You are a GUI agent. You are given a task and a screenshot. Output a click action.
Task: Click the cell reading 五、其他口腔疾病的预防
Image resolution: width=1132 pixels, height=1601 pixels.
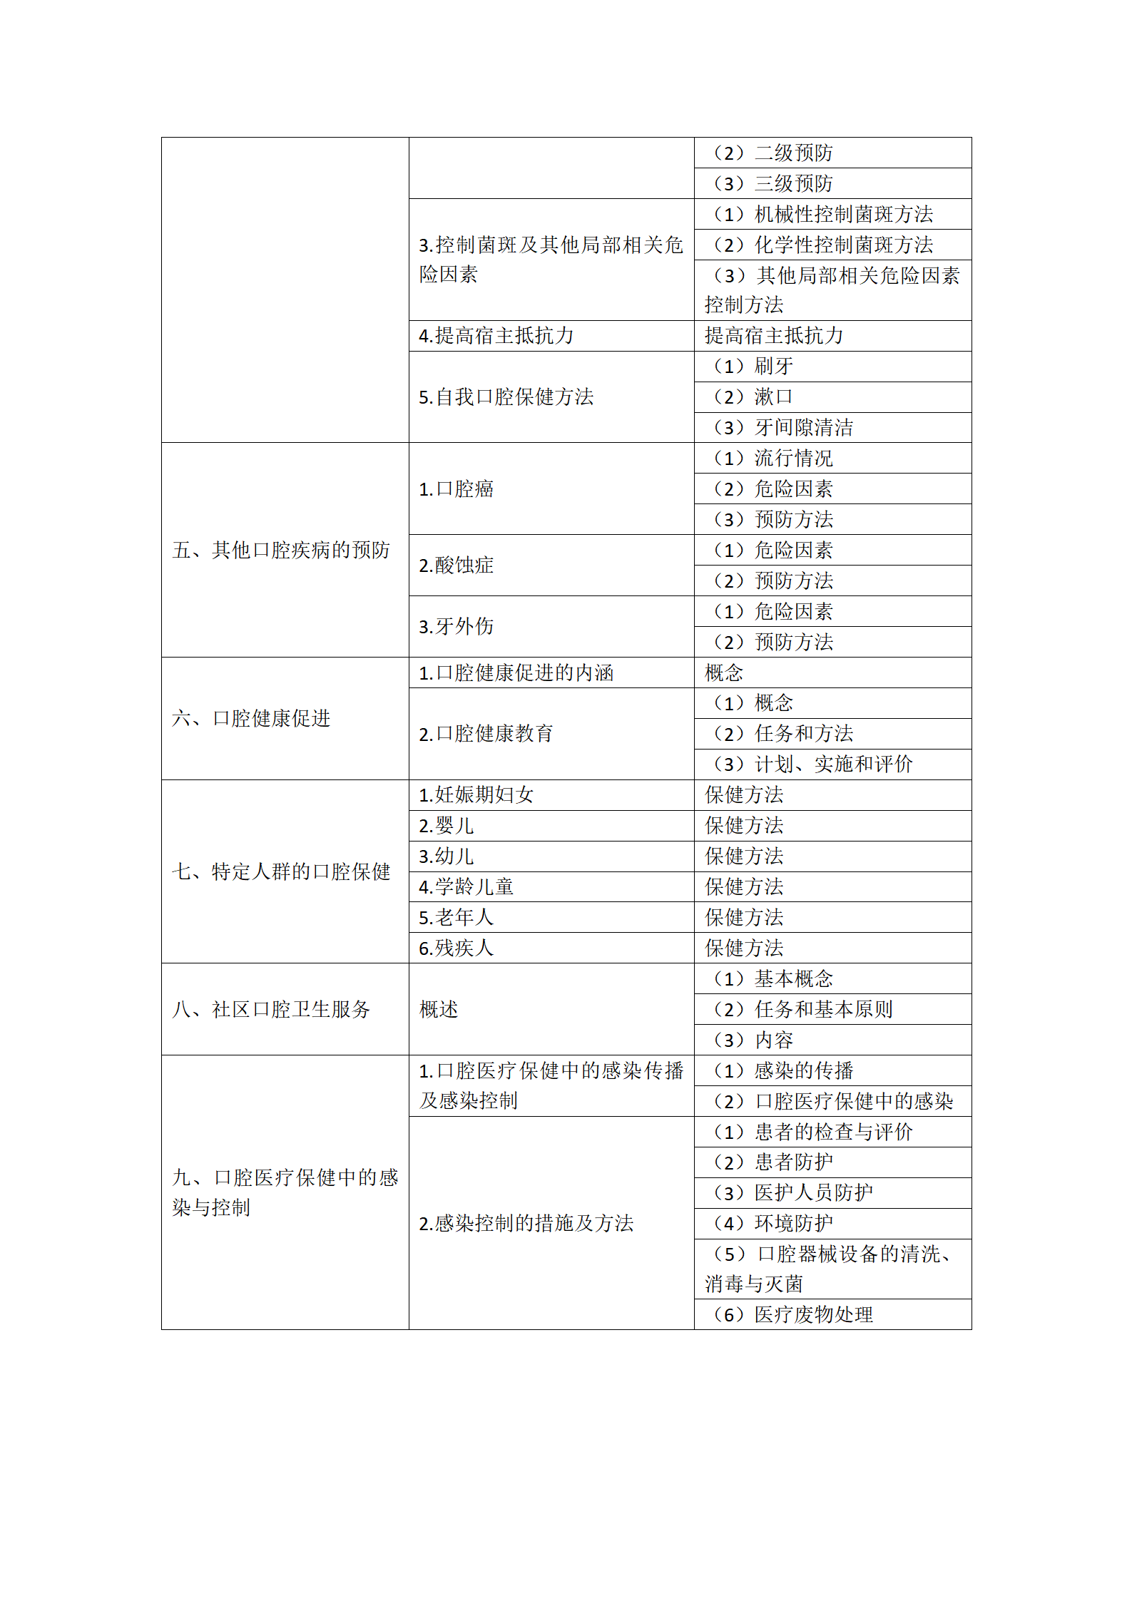[281, 550]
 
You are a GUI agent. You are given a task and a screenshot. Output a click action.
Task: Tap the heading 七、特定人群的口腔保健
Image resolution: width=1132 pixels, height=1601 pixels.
[281, 871]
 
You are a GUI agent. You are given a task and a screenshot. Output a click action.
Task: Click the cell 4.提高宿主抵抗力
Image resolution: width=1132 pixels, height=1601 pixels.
[496, 336]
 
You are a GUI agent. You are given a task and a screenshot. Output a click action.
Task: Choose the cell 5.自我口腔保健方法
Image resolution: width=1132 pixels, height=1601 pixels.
[506, 397]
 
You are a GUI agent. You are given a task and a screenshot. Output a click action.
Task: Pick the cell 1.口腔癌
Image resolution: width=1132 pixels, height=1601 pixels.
[457, 489]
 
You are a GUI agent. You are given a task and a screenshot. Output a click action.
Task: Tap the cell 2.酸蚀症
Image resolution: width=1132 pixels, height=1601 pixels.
[457, 566]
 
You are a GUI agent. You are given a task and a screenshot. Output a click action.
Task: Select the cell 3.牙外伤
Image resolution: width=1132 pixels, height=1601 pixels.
[457, 627]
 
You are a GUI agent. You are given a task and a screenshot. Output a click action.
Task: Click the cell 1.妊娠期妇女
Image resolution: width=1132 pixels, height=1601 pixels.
[476, 795]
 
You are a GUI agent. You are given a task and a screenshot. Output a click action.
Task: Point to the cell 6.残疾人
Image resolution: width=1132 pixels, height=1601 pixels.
[457, 948]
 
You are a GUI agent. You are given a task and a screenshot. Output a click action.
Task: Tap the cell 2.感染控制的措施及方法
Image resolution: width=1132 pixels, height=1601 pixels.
[526, 1224]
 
